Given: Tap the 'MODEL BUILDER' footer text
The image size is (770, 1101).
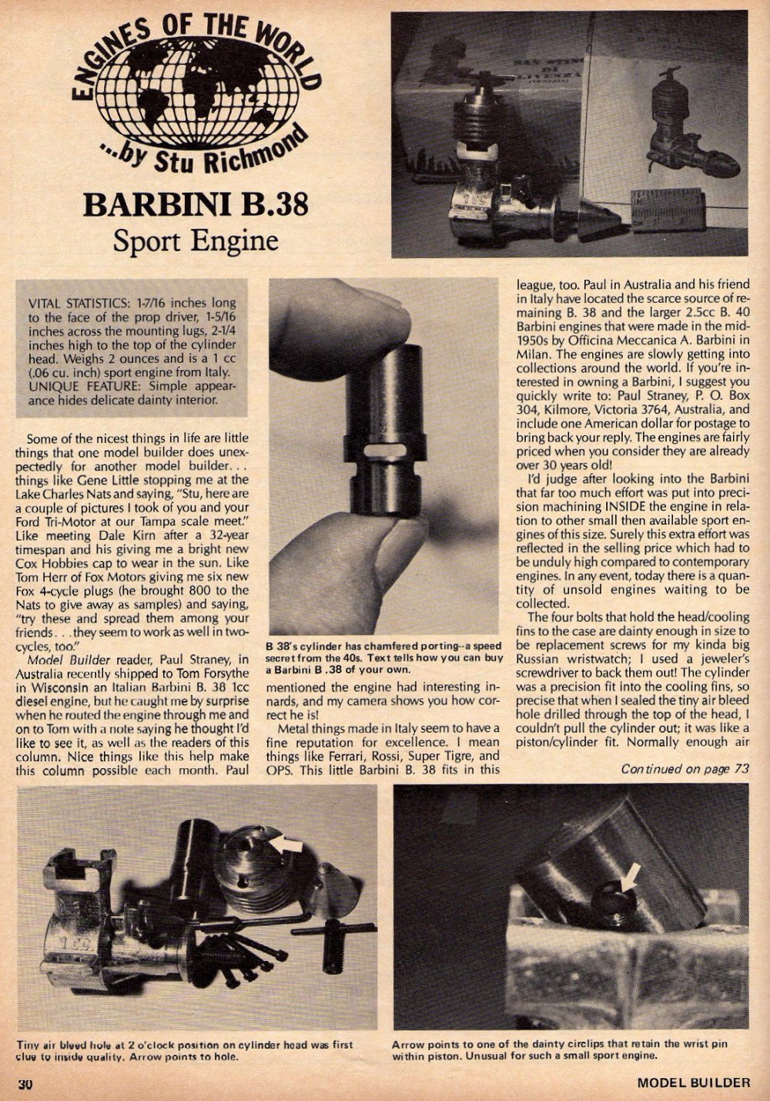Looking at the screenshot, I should (693, 1083).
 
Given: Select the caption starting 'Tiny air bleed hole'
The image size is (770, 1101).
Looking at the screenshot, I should (185, 1050).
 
